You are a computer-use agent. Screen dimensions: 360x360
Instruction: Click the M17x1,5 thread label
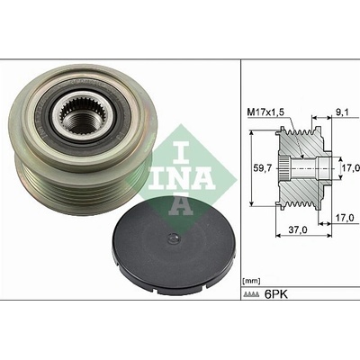(265, 112)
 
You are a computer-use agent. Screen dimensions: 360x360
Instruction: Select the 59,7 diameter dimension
(263, 168)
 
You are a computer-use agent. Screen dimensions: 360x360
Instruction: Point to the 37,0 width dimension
(298, 229)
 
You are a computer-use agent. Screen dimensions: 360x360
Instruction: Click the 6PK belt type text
(275, 294)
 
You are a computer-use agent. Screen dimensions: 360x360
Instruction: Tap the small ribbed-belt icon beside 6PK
(251, 294)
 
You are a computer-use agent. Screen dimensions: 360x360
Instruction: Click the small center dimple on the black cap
(173, 238)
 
